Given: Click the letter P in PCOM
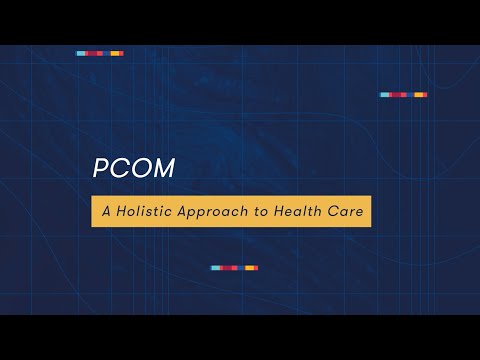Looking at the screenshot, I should click(99, 169).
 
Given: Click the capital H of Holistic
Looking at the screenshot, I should click(120, 211).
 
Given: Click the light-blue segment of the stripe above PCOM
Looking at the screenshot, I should click(80, 53).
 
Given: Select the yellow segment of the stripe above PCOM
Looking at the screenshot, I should click(117, 53).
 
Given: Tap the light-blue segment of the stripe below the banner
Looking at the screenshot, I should click(215, 268).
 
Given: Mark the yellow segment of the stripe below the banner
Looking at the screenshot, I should click(252, 268).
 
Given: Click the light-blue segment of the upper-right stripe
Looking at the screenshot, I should click(384, 95).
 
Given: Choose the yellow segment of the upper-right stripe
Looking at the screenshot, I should click(421, 95).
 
